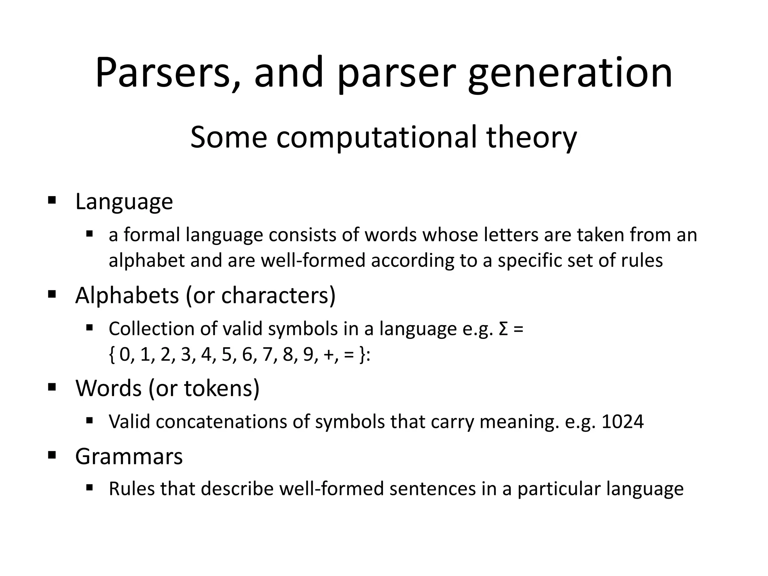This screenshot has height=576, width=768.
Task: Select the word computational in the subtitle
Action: tap(376, 137)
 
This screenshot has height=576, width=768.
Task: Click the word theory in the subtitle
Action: tap(531, 137)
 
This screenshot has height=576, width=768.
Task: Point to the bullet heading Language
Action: tap(124, 202)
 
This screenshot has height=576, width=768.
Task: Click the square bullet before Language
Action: tap(52, 199)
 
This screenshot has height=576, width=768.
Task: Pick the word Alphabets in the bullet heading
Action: tap(127, 295)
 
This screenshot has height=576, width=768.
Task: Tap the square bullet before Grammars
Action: tap(52, 456)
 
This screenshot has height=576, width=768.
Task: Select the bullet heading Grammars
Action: tap(129, 456)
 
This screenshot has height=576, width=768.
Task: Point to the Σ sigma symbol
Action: tap(504, 329)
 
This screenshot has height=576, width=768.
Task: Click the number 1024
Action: tap(622, 421)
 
